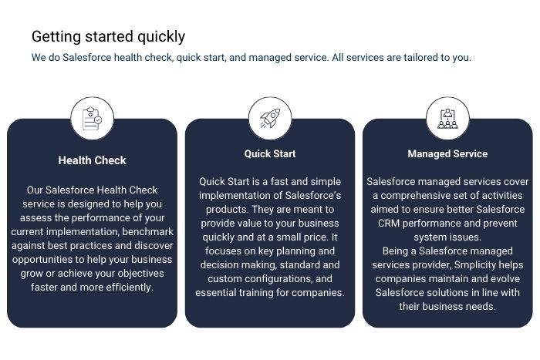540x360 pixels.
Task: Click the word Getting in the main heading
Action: click(x=56, y=37)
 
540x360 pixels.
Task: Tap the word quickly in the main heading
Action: click(x=161, y=37)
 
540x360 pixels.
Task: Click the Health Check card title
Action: click(x=92, y=160)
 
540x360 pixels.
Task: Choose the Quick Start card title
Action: click(x=270, y=154)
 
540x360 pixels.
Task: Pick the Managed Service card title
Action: click(x=447, y=154)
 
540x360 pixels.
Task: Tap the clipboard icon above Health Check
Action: click(x=92, y=119)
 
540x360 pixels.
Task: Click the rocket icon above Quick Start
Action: click(x=270, y=118)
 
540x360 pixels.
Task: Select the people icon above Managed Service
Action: click(x=447, y=119)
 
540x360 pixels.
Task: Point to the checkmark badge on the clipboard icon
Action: click(x=98, y=119)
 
